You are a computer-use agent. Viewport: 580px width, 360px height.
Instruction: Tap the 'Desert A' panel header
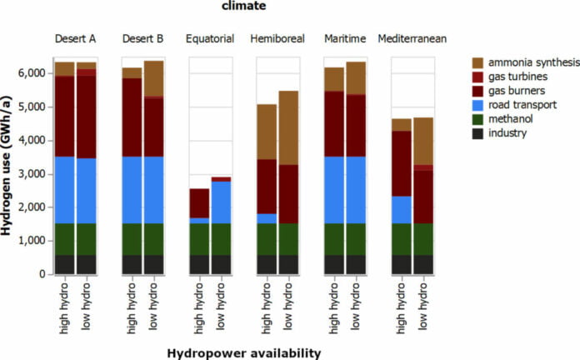pyautogui.click(x=76, y=39)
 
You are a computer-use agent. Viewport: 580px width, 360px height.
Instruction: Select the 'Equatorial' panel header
pyautogui.click(x=210, y=39)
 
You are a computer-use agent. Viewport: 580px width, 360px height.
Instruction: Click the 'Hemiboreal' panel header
pyautogui.click(x=277, y=39)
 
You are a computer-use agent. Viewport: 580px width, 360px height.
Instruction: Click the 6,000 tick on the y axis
pyautogui.click(x=30, y=73)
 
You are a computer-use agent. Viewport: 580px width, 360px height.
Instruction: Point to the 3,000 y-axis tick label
pyautogui.click(x=30, y=173)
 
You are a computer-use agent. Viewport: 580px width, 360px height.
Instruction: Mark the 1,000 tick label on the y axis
pyautogui.click(x=30, y=241)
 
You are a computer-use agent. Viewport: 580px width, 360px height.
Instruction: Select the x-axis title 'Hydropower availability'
pyautogui.click(x=244, y=353)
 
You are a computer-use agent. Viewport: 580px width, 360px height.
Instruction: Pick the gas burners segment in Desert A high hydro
pyautogui.click(x=65, y=116)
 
